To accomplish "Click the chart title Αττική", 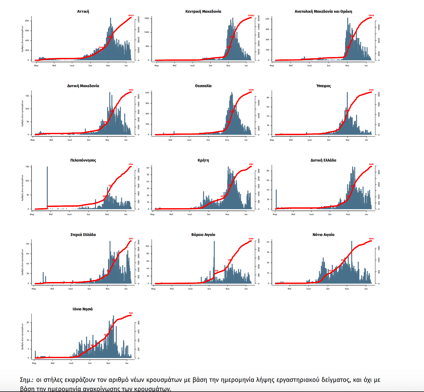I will (83, 12).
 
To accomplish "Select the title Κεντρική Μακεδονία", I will (203, 12).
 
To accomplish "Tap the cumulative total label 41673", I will (131, 16).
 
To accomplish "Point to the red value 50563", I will (251, 16).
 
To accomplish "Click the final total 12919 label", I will (371, 16).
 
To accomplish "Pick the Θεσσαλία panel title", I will (203, 86).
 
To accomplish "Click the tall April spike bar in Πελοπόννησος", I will (47, 185).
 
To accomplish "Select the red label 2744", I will (131, 164).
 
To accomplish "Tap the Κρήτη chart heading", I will (203, 160).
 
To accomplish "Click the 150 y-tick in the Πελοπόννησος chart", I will (27, 167).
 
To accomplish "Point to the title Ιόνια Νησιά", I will (83, 309).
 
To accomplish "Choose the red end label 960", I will (131, 313).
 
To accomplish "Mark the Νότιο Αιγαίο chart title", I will (323, 235).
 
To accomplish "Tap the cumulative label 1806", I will (371, 239).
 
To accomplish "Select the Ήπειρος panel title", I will (323, 86).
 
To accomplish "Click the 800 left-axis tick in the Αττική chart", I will (27, 21).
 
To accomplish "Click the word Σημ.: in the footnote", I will (27, 380).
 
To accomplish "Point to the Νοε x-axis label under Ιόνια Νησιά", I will (108, 363).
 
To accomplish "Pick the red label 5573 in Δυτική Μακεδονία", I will (131, 90).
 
